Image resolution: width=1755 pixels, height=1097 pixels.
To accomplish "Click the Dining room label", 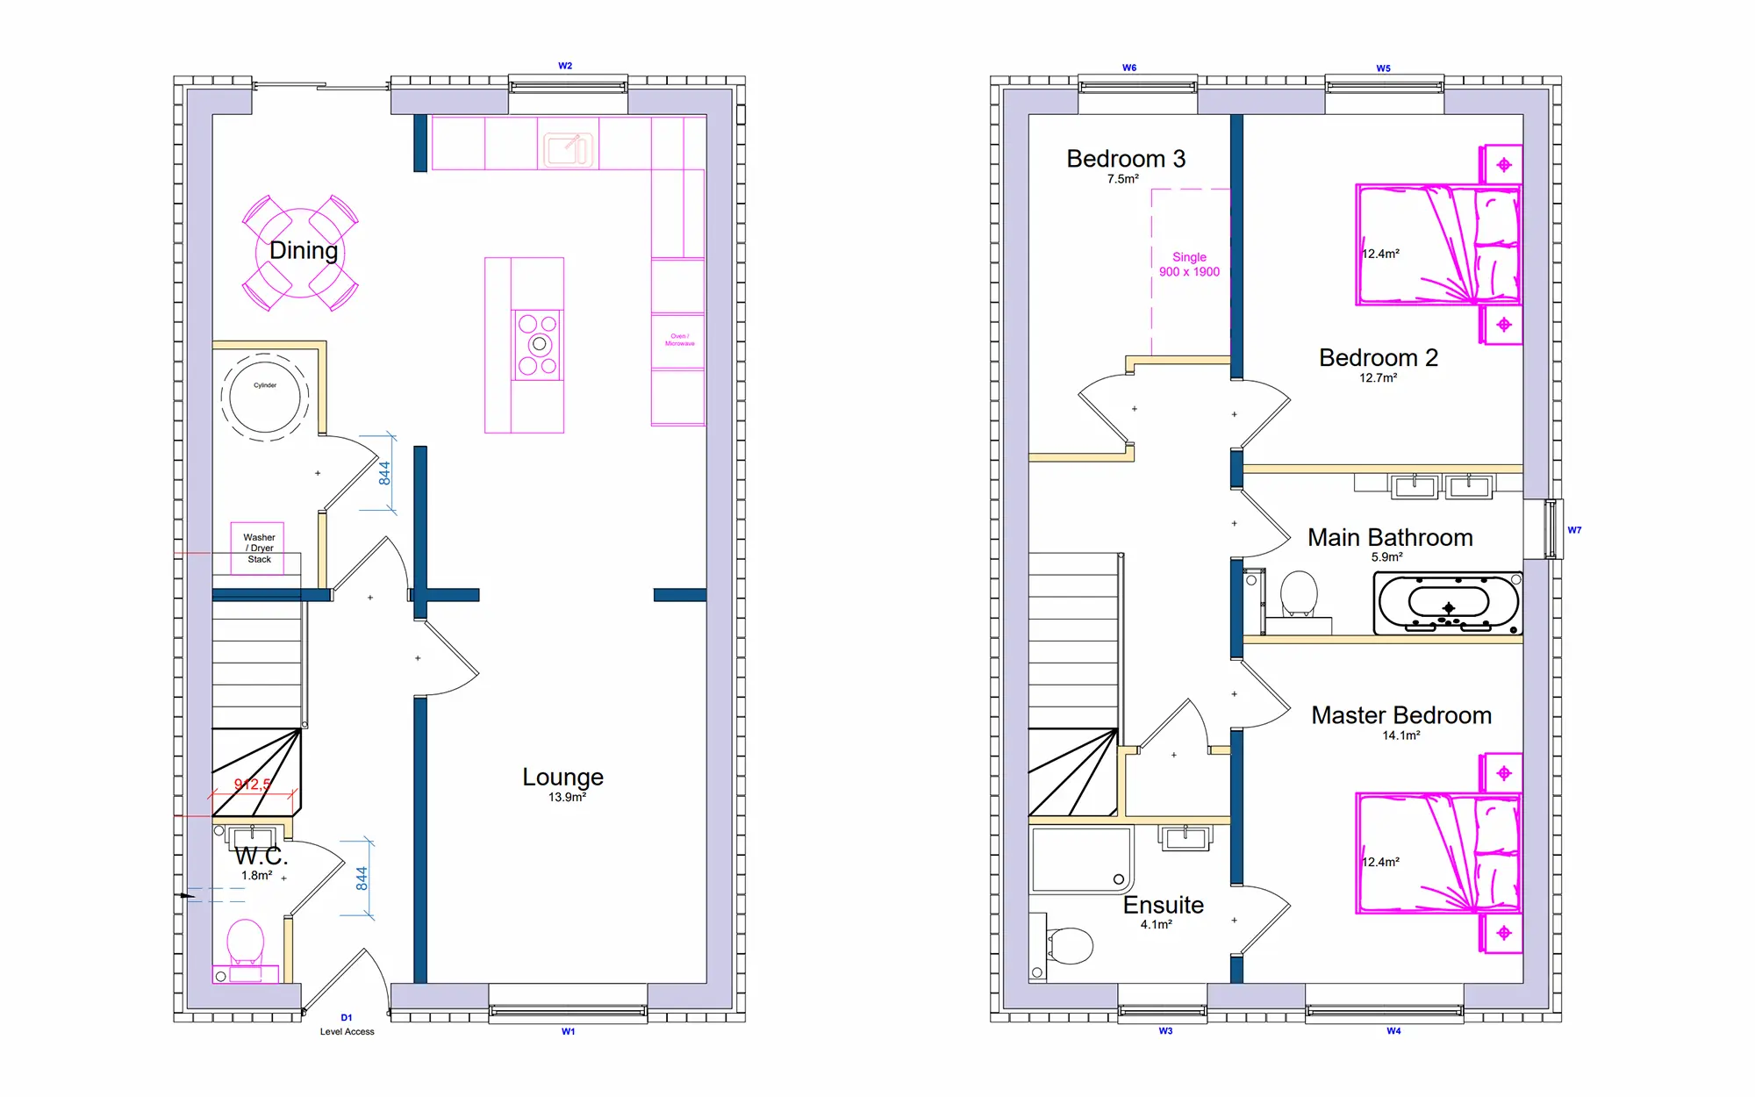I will [x=304, y=251].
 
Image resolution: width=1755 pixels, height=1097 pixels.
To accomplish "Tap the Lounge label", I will [x=562, y=778].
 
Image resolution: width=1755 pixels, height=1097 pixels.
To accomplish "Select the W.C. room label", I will [x=261, y=856].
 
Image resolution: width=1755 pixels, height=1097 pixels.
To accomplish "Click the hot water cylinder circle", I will [x=265, y=398].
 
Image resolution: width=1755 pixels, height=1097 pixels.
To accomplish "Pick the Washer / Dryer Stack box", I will [x=258, y=548].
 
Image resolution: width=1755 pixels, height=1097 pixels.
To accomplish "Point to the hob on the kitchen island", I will [x=538, y=344].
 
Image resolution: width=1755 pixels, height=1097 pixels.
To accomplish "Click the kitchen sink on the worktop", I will [x=568, y=149].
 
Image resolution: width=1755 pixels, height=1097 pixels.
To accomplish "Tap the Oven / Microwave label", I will [x=679, y=340].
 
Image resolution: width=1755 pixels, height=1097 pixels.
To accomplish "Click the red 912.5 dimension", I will [x=252, y=785].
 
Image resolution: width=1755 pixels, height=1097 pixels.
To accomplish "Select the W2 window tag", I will [x=565, y=66].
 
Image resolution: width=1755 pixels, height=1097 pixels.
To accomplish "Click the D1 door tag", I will [x=347, y=1018].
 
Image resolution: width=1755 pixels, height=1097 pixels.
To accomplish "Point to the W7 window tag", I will [x=1574, y=530].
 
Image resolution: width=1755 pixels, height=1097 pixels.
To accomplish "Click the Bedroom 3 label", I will [x=1126, y=159].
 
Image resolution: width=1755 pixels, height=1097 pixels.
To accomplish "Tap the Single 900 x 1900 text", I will [x=1189, y=264].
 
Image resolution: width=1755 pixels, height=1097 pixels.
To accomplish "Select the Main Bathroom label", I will [x=1390, y=538].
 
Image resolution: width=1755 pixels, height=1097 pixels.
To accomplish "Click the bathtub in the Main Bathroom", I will [x=1448, y=603].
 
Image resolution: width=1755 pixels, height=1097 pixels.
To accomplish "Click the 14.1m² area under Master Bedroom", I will [x=1401, y=735].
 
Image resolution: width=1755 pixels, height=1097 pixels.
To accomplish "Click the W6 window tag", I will [x=1129, y=68].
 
